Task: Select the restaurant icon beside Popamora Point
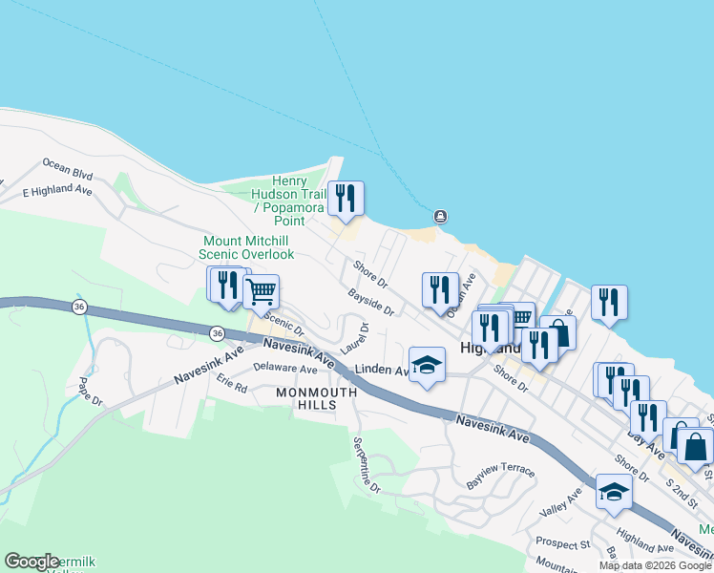[346, 199]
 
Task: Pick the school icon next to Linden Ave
[428, 365]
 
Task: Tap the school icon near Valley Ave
[614, 493]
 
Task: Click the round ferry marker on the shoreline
[440, 217]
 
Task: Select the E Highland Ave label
[57, 191]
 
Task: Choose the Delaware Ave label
[285, 369]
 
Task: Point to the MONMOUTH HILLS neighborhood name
[316, 398]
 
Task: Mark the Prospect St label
[562, 543]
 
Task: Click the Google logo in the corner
[31, 562]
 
